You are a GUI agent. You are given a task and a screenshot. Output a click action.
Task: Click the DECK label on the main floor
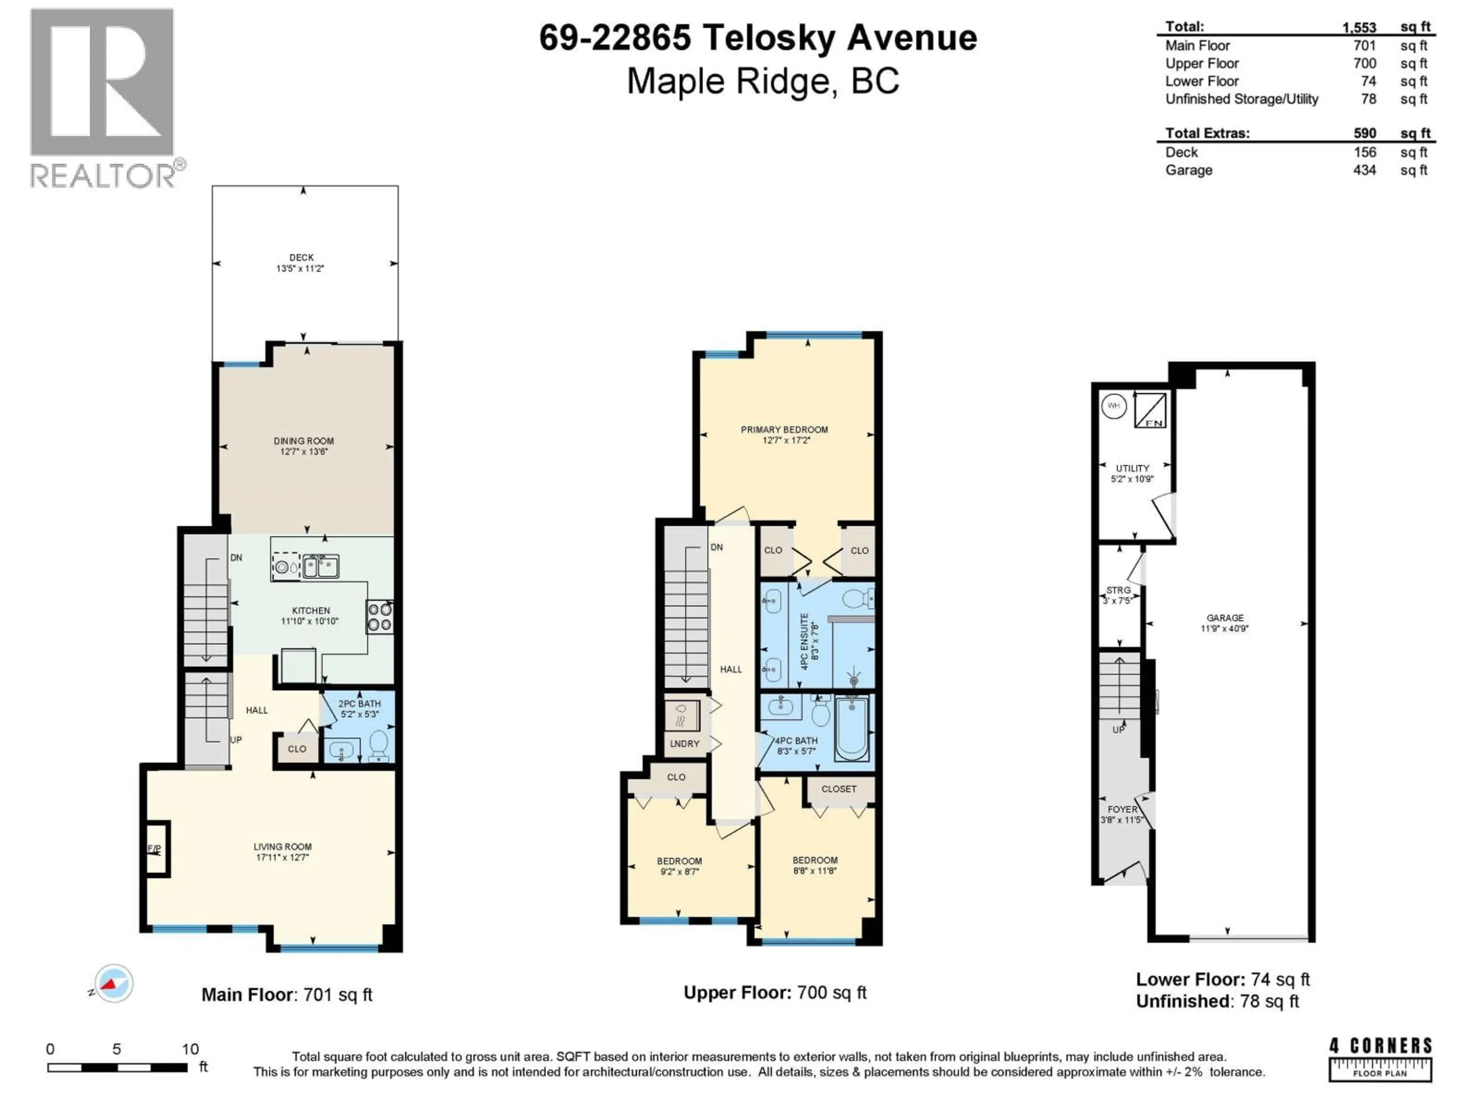tap(302, 257)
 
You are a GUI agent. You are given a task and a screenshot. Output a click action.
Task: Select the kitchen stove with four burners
tap(379, 617)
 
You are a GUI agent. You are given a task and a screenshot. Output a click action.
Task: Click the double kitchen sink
tap(321, 567)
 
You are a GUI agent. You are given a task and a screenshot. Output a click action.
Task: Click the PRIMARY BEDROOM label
tap(784, 430)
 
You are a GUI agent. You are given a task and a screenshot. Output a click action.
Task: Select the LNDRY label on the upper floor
tap(685, 743)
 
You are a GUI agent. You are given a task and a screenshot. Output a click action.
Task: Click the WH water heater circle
tap(1113, 406)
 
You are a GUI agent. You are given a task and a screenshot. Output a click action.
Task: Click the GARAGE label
tap(1225, 618)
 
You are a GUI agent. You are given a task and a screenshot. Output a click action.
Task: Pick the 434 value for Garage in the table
tap(1365, 171)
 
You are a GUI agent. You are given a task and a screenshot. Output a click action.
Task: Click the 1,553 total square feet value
tap(1359, 27)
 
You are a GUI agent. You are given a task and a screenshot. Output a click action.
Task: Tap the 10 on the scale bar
tap(190, 1049)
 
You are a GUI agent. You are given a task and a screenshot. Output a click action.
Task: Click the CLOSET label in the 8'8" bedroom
tap(838, 789)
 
